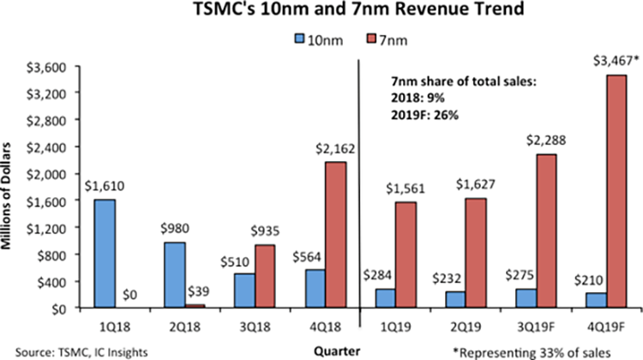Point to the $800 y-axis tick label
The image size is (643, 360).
[64, 255]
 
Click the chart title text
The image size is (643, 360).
[321, 13]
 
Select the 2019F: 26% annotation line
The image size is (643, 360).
[423, 112]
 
